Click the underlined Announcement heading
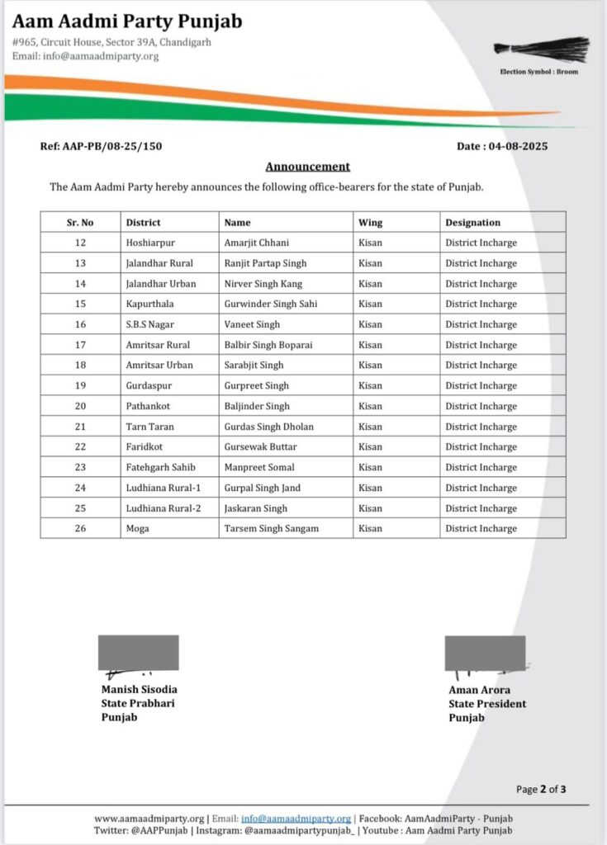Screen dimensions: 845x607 pos(307,167)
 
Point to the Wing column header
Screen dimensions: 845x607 pos(370,222)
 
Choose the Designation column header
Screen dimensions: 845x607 pos(472,222)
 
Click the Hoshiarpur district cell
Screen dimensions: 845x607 pos(150,243)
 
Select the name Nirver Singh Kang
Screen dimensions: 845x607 pos(263,284)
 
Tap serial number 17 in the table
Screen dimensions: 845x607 pos(80,345)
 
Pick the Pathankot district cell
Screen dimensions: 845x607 pos(149,406)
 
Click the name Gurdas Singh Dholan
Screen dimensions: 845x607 pos(268,427)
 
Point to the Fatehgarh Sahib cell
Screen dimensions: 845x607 pos(160,467)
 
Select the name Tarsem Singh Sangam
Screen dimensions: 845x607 pos(271,528)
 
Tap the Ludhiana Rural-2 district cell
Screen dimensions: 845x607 pos(163,508)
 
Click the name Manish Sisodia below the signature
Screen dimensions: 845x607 pos(139,689)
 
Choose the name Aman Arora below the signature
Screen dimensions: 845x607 pos(480,690)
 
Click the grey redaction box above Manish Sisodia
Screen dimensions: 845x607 pos(139,652)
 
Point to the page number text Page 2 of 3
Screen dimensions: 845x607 pos(541,789)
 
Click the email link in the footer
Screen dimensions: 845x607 pos(296,818)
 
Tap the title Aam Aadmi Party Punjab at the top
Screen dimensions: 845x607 pos(127,21)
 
